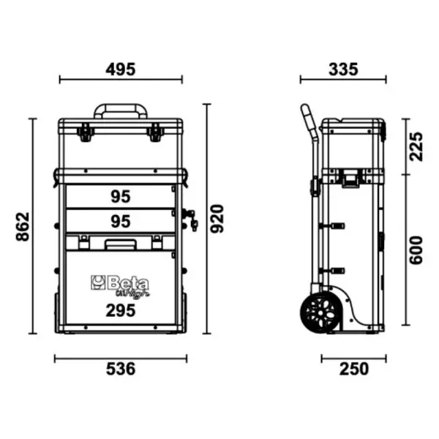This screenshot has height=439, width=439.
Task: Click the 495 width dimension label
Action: (x=121, y=70)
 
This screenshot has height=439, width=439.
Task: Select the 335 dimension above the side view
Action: (x=342, y=70)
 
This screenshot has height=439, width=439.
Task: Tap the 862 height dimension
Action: (x=21, y=227)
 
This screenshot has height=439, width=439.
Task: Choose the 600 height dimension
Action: (x=416, y=249)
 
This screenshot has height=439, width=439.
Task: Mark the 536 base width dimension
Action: (x=121, y=369)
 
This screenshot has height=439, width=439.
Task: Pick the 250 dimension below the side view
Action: (x=354, y=369)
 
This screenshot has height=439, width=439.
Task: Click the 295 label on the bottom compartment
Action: (x=121, y=310)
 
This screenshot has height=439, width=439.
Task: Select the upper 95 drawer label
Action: (x=121, y=196)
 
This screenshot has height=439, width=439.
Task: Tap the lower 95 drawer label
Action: (x=121, y=220)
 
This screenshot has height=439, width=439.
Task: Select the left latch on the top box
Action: (x=85, y=132)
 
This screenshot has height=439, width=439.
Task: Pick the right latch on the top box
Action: (x=155, y=132)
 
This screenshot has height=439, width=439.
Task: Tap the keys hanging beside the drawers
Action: (x=192, y=219)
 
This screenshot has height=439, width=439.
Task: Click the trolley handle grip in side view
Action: (x=306, y=117)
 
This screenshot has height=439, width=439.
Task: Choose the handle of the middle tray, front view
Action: (x=120, y=244)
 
